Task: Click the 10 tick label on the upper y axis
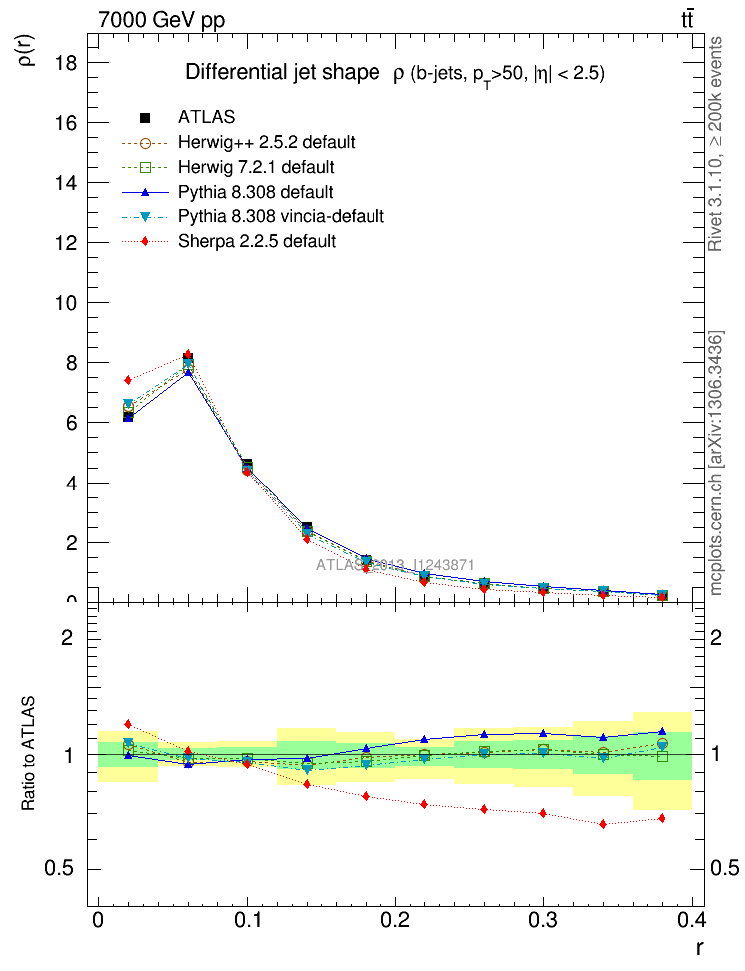(x=67, y=303)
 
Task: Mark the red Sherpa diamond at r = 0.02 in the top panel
(x=128, y=380)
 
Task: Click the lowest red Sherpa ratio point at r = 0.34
(x=603, y=824)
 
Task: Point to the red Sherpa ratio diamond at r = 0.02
(x=128, y=723)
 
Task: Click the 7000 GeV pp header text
(x=162, y=20)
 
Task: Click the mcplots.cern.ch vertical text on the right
(x=716, y=463)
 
